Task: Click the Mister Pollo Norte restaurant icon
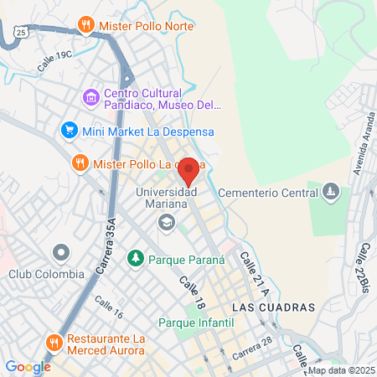point(85,25)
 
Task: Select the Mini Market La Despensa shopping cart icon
point(69,131)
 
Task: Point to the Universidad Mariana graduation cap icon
point(166,222)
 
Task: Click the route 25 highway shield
point(23,31)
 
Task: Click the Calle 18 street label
point(192,289)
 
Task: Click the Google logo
point(28,366)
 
